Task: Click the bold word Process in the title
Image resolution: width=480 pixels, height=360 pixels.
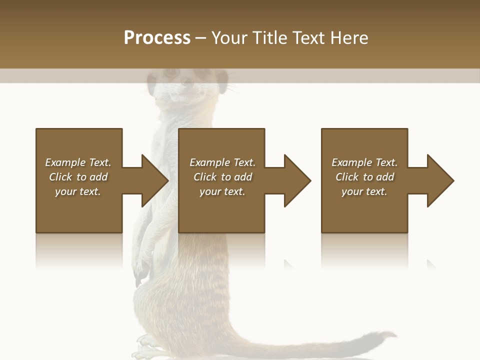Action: point(157,38)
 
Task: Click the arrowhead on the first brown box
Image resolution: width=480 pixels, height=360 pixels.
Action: point(154,180)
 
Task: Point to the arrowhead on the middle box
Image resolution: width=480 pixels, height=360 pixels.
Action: point(297,180)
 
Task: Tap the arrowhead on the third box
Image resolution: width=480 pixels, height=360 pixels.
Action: point(439,180)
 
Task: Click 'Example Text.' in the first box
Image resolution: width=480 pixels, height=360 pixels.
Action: point(78,162)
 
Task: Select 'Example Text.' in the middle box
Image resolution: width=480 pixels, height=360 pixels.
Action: point(222,162)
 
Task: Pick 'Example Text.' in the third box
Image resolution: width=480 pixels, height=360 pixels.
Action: point(364,162)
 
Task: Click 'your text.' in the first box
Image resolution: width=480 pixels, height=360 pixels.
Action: point(78,191)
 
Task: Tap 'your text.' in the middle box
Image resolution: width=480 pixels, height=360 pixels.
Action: point(222,191)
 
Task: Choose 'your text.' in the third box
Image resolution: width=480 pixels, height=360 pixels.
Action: point(364,191)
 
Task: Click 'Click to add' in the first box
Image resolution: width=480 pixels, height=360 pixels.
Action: point(78,177)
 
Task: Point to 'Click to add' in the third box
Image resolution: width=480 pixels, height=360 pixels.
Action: point(364,177)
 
